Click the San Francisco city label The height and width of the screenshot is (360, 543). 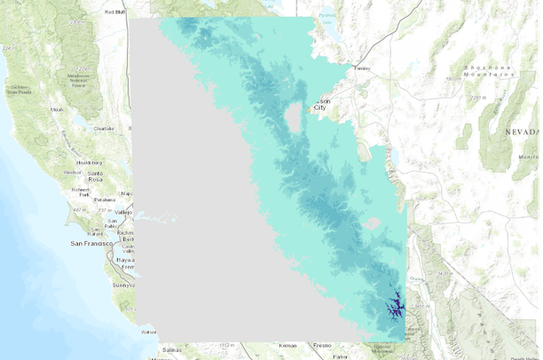pyautogui.click(x=90, y=242)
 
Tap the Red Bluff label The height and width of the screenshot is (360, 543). pyautogui.click(x=114, y=12)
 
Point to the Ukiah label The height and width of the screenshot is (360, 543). pyautogui.click(x=57, y=109)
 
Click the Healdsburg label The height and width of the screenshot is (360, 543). pyautogui.click(x=90, y=162)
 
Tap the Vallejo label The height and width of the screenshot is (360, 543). pyautogui.click(x=122, y=212)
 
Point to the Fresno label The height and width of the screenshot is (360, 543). pyautogui.click(x=322, y=344)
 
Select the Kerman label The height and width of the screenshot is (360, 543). pyautogui.click(x=287, y=344)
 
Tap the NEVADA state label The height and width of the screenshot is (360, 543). pyautogui.click(x=522, y=130)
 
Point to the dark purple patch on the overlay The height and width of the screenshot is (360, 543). pyautogui.click(x=395, y=308)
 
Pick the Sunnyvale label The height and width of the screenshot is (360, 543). pyautogui.click(x=123, y=286)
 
